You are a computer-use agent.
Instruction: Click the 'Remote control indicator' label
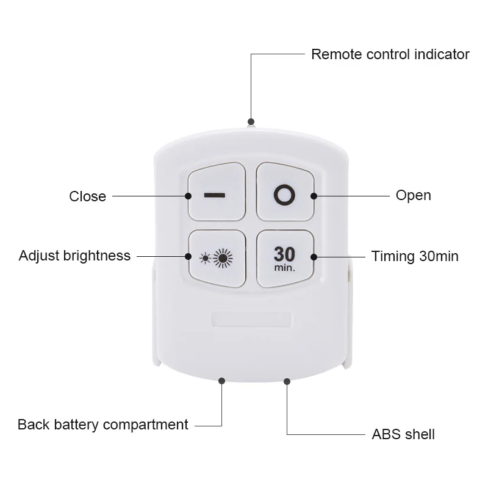point(390,54)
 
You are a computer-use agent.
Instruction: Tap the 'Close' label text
point(87,196)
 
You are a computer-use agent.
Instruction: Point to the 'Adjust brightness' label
point(74,256)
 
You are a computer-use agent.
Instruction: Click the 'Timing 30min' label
point(415,256)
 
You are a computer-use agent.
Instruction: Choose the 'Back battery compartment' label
point(102,425)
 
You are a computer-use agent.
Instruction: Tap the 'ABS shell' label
point(403,434)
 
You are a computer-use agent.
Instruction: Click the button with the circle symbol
point(285,192)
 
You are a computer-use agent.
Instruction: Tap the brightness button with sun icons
point(217,258)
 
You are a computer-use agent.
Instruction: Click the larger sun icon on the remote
point(223,258)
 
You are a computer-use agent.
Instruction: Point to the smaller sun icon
point(205,259)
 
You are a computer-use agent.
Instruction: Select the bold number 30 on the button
point(284,254)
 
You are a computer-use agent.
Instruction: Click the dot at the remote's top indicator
point(251,121)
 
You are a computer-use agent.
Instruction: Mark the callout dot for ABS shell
point(287,381)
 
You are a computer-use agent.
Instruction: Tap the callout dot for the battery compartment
point(221,381)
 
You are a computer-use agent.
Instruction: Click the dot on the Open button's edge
point(314,196)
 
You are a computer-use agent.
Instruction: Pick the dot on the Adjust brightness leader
point(188,256)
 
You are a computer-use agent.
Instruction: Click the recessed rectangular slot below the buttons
point(251,320)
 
